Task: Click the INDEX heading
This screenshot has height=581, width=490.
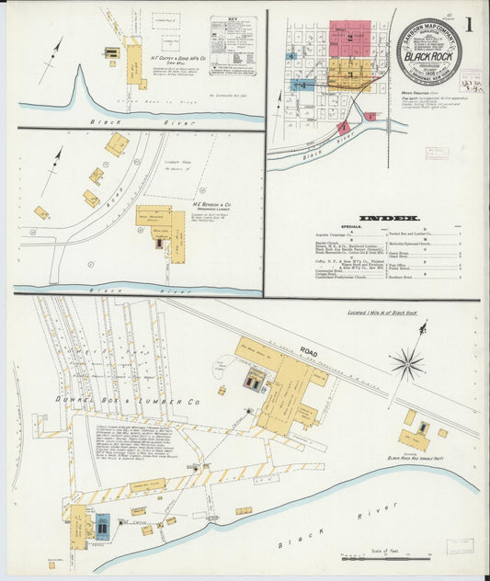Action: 389,218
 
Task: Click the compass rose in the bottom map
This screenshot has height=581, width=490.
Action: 406,364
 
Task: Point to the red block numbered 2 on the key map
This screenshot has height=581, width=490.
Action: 349,39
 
